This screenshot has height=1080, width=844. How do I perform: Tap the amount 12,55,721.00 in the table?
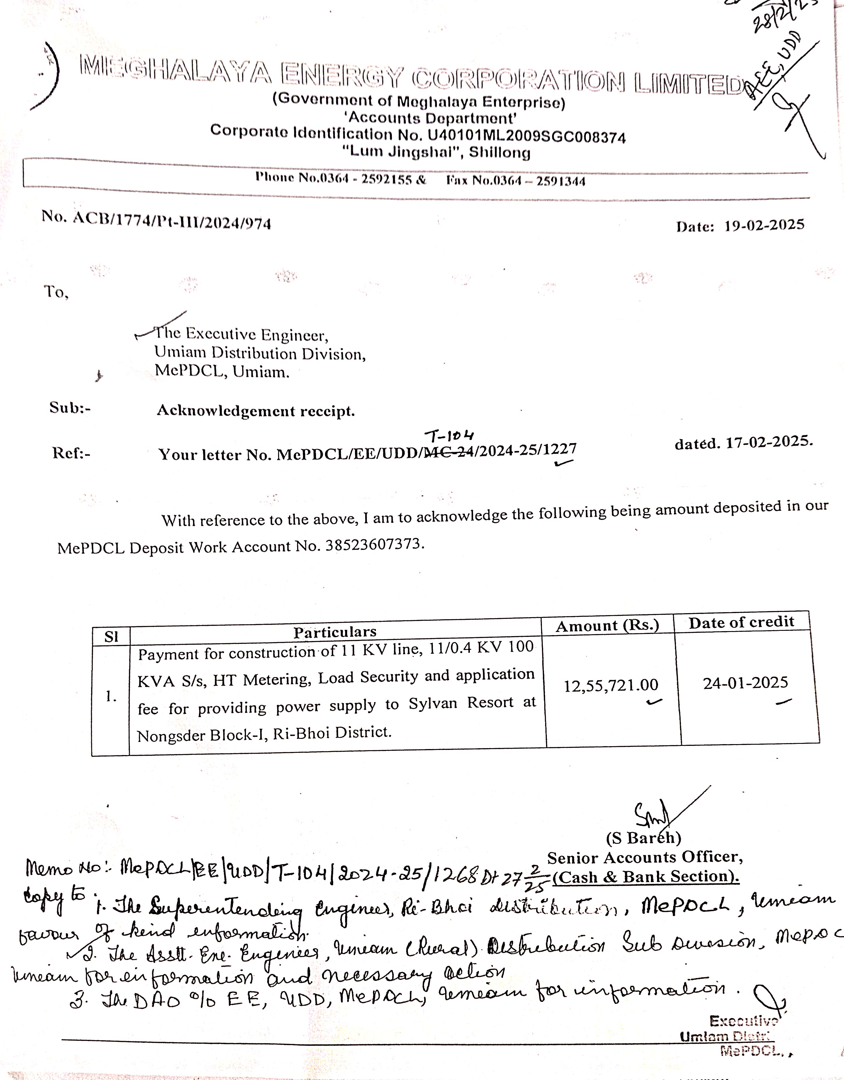(x=611, y=685)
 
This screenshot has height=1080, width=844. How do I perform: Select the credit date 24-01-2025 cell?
(x=745, y=683)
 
